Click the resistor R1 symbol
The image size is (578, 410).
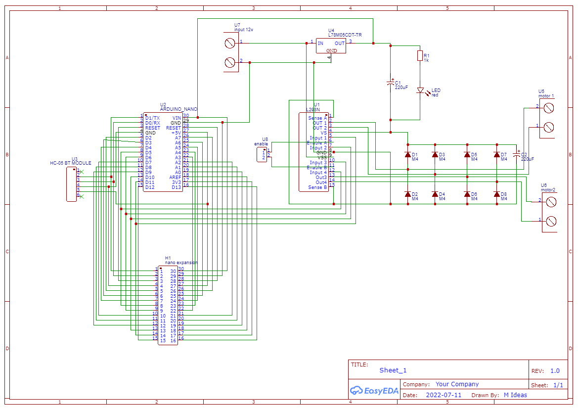(420, 55)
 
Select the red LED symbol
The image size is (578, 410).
(420, 91)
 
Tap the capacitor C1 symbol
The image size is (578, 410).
(391, 84)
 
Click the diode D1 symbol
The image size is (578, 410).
(407, 155)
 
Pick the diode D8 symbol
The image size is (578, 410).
(496, 194)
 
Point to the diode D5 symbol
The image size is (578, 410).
(467, 155)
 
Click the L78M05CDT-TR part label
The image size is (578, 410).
(345, 35)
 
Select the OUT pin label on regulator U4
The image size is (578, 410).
(339, 44)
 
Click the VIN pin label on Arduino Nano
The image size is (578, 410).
(177, 118)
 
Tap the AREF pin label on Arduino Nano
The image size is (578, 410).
(175, 177)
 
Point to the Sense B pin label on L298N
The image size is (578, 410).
(317, 187)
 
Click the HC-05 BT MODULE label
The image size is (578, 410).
(71, 163)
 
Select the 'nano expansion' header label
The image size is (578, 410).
(181, 263)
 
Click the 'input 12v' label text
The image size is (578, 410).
(244, 30)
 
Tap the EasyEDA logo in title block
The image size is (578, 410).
(374, 390)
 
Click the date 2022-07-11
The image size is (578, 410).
(444, 395)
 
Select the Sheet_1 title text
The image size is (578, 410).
(393, 370)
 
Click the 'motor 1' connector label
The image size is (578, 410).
(546, 95)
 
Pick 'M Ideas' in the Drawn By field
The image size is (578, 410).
(515, 395)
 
